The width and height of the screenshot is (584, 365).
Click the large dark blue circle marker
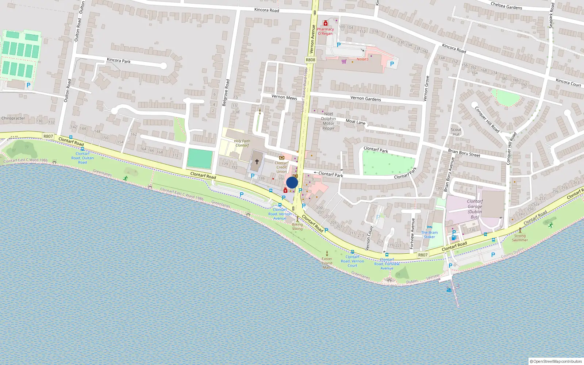tap(292, 182)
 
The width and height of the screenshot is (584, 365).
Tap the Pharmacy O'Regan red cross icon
tap(325, 23)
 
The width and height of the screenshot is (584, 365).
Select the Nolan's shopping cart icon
tap(344, 61)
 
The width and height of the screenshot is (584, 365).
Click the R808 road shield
tap(310, 60)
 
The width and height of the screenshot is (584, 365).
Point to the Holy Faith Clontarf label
tap(242, 143)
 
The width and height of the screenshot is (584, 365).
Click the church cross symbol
tap(257, 161)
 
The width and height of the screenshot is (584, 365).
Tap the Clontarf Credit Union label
tap(281, 167)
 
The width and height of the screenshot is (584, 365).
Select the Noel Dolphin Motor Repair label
tap(328, 121)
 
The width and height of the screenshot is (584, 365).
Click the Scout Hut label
tap(456, 132)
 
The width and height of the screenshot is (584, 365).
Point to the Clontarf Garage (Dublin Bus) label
tap(475, 209)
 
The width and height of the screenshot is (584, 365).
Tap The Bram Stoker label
tap(429, 234)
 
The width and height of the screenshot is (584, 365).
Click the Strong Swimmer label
tap(520, 238)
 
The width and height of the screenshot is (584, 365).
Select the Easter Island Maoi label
tap(327, 263)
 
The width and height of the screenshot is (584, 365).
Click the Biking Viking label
tap(297, 226)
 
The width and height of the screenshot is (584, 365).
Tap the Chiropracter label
tap(13, 118)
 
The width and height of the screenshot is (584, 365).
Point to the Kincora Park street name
tap(119, 60)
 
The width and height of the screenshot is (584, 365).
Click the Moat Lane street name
tap(356, 122)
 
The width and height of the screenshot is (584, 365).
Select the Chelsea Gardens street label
tap(506, 5)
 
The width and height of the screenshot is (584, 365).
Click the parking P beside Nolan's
tap(392, 64)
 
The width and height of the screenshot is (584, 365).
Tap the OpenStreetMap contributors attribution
tap(556, 361)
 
